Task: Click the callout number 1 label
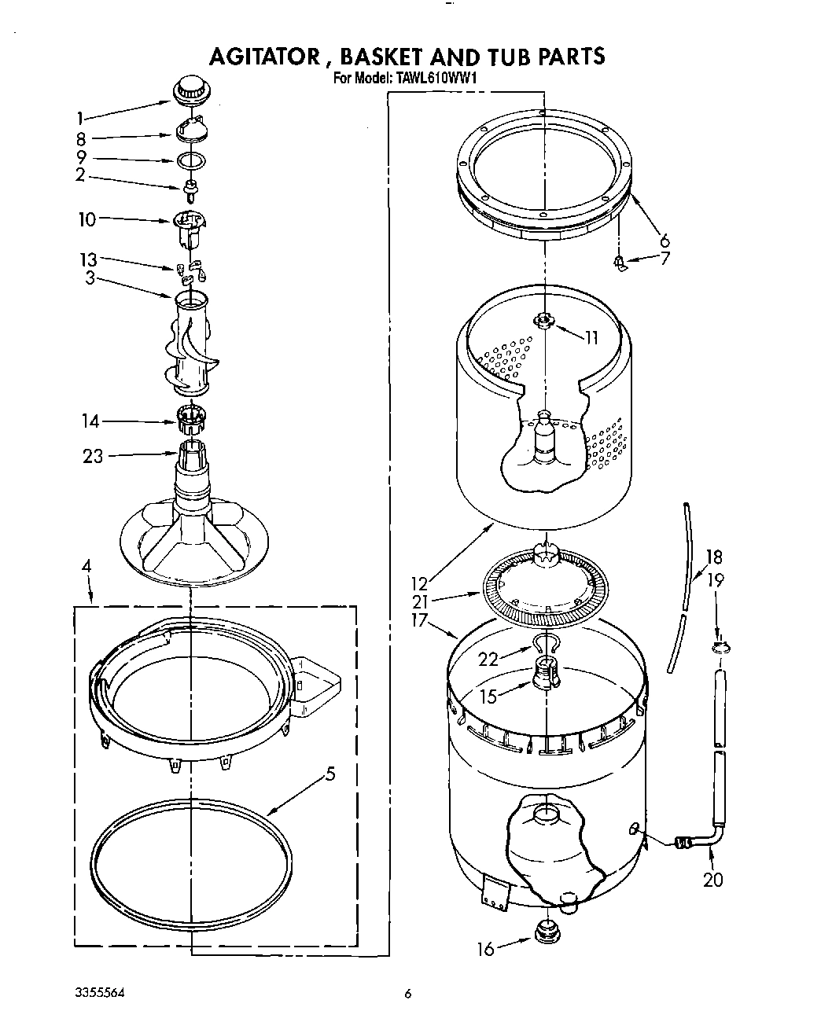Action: tap(79, 119)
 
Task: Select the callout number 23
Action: tap(93, 456)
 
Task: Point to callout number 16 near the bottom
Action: tap(486, 950)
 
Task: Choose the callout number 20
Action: tap(712, 880)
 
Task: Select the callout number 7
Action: tap(665, 257)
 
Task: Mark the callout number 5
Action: tap(330, 774)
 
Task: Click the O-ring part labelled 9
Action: tap(191, 161)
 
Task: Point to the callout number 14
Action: tap(90, 422)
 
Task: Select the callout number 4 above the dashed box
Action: tap(86, 566)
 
